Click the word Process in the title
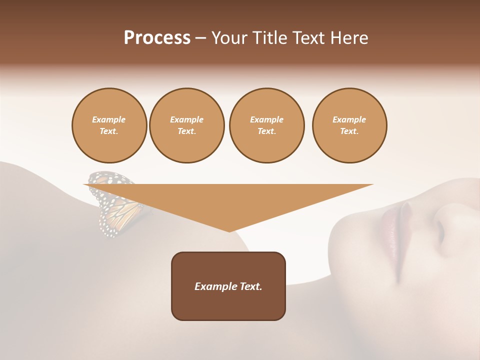157,38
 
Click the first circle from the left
109,125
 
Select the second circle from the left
186,125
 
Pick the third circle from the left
266,125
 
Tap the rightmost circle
349,125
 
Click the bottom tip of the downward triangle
229,230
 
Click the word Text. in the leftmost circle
109,131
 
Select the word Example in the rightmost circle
349,119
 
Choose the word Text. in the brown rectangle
250,286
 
